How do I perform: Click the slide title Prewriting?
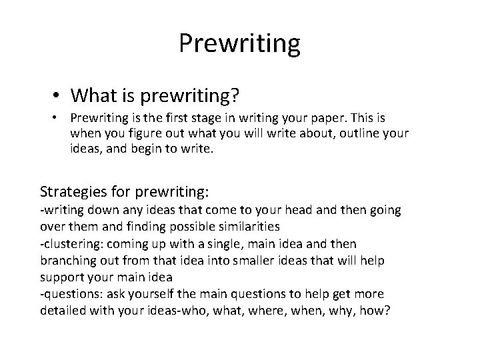(240, 44)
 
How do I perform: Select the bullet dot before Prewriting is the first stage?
(59, 119)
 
